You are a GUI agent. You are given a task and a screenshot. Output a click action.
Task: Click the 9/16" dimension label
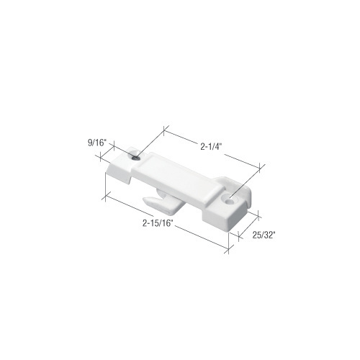pos(97,143)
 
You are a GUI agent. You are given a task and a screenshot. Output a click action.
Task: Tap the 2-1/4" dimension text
pos(210,147)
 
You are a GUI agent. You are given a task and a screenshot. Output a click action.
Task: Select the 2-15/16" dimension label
pos(158,223)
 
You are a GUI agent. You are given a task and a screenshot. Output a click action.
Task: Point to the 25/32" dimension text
pos(263,235)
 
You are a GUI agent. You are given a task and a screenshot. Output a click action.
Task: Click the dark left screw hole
pos(136,158)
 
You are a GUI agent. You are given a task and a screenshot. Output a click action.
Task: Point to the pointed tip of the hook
pos(143,199)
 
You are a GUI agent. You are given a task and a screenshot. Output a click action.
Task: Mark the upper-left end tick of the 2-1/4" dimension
pos(164,130)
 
